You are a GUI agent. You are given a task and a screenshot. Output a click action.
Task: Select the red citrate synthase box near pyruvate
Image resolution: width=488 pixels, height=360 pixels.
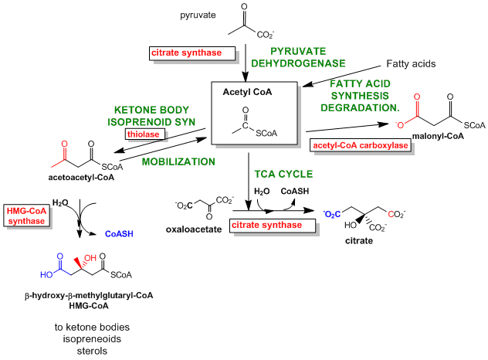(185, 53)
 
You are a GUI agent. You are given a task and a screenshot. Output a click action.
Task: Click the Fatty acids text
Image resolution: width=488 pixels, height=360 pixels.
(413, 63)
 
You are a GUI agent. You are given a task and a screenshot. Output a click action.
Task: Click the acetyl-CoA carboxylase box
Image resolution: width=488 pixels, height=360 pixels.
(359, 144)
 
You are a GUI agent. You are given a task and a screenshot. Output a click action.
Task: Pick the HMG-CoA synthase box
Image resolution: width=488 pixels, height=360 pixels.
(27, 216)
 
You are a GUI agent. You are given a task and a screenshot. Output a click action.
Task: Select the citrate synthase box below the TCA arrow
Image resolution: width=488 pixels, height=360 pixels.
(275, 225)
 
